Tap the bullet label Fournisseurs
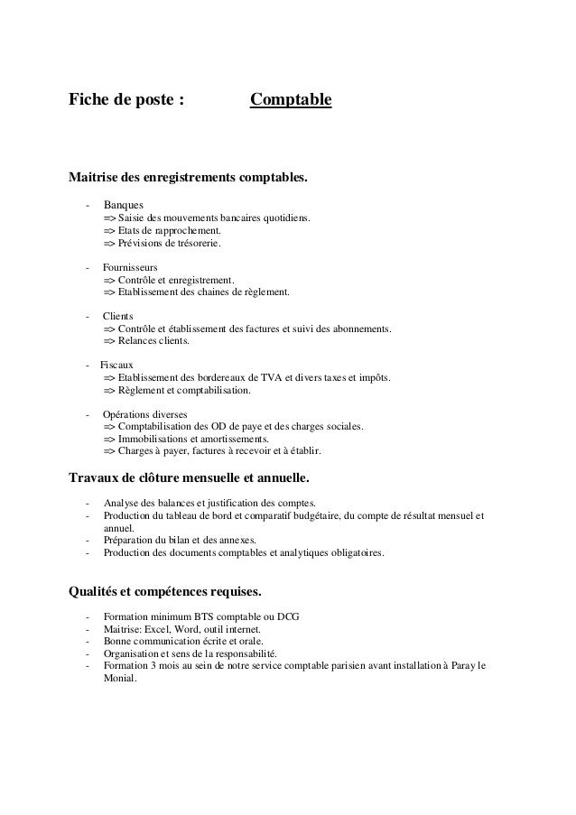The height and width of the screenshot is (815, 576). pyautogui.click(x=130, y=268)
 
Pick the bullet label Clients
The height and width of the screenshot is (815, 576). pyautogui.click(x=117, y=317)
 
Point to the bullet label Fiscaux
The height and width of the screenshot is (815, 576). pyautogui.click(x=116, y=366)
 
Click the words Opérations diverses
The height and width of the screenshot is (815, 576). pyautogui.click(x=145, y=414)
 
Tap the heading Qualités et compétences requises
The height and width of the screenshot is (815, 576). pyautogui.click(x=166, y=593)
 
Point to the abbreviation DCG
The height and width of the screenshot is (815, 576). pyautogui.click(x=286, y=616)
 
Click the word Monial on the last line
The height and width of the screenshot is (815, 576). pyautogui.click(x=119, y=680)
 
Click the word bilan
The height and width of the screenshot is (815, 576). pyautogui.click(x=188, y=541)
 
